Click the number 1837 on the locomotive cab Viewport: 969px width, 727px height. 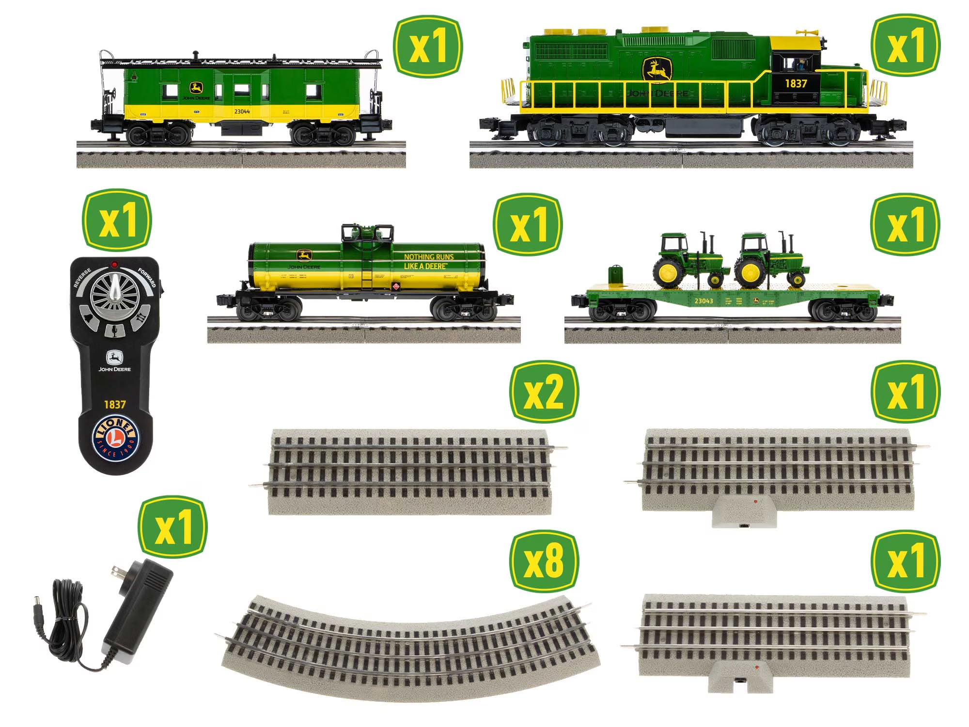tap(796, 83)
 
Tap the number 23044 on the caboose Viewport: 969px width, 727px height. tap(242, 111)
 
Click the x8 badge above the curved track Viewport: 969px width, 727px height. tap(544, 562)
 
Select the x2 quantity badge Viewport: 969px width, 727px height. tap(544, 392)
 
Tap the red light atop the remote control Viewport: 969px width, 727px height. tap(114, 265)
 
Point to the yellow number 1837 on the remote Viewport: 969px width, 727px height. tap(115, 405)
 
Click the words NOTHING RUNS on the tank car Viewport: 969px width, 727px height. tap(429, 257)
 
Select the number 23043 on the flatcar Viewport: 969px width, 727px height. tap(703, 301)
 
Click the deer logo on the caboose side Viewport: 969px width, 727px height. tap(196, 88)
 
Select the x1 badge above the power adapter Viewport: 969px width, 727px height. tap(172, 527)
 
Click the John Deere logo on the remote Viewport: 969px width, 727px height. tap(115, 359)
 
